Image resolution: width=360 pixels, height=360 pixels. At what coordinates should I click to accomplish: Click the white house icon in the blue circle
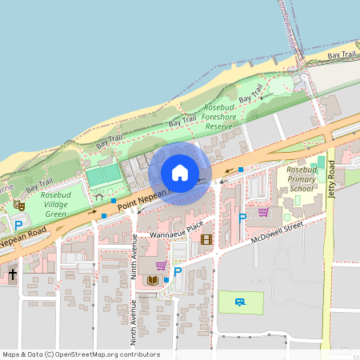point(180,173)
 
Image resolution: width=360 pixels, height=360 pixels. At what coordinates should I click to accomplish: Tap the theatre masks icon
point(19,206)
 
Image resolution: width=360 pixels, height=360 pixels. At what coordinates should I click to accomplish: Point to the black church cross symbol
point(12,274)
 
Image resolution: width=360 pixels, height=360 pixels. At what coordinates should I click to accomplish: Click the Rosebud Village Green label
point(58,204)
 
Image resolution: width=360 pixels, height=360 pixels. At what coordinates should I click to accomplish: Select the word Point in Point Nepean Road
point(130,206)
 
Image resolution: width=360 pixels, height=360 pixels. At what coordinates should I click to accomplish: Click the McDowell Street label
point(277,231)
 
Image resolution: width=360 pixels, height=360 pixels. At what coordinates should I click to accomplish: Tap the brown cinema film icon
point(206,239)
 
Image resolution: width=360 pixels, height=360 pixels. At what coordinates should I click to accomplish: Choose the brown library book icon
point(152,280)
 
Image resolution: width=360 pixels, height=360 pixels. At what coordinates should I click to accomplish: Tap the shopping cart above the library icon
point(161,265)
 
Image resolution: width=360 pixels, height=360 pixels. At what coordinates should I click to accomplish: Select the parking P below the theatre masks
point(18,226)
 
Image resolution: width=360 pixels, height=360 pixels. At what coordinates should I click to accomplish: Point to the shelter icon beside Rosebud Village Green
point(99,195)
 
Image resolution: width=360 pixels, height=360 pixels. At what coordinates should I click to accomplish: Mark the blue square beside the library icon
point(166,280)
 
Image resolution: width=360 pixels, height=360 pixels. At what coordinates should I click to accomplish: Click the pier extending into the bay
point(289,24)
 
